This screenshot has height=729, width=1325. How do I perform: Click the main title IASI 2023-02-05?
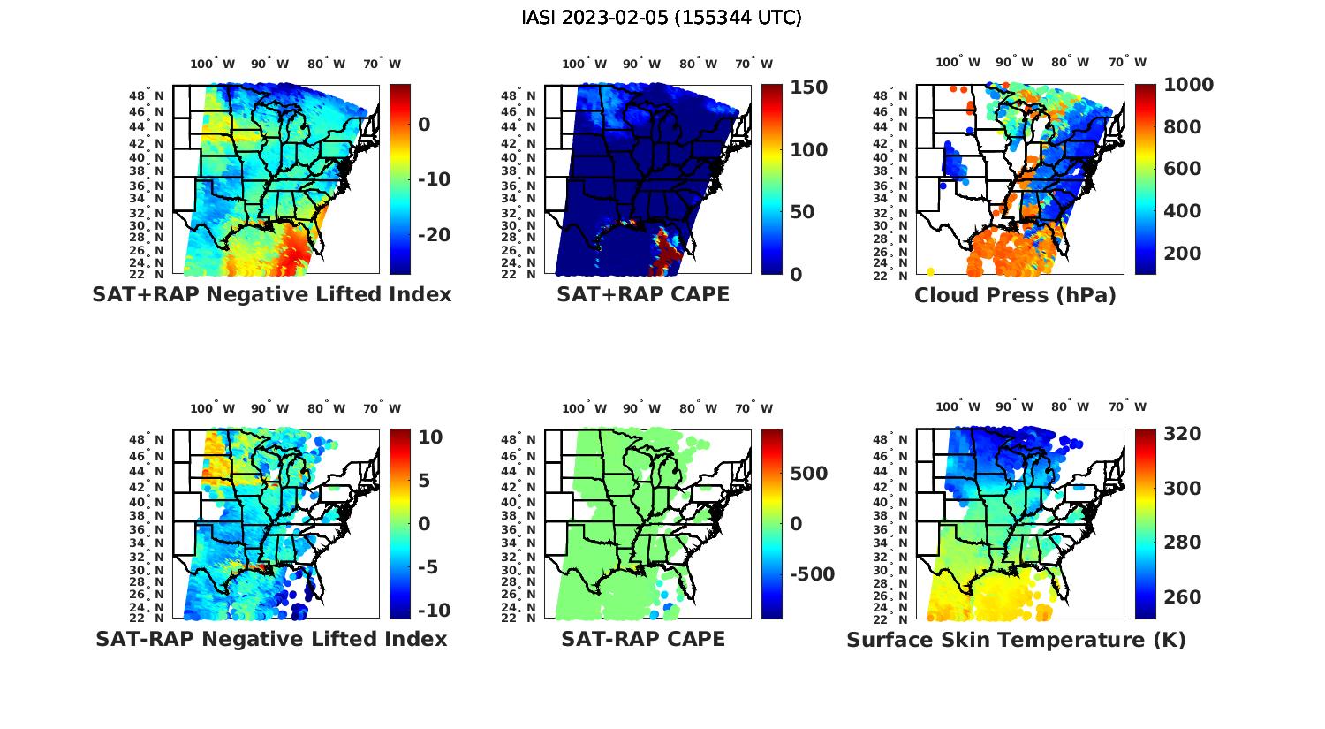[x=662, y=18]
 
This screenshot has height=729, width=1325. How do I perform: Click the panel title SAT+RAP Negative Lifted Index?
[x=272, y=294]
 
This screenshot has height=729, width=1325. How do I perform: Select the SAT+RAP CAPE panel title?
[x=643, y=294]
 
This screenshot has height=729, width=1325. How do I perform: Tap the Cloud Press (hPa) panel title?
[x=1015, y=295]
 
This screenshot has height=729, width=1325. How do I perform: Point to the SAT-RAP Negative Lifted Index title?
[x=271, y=639]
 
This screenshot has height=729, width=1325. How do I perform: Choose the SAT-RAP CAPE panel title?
[x=643, y=639]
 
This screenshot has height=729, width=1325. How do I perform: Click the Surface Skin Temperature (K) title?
[x=1016, y=640]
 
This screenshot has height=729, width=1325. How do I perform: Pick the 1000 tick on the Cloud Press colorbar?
[x=1188, y=85]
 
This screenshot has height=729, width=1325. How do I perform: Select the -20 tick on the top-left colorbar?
[x=434, y=234]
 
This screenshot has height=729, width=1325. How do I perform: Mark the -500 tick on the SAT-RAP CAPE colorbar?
[x=812, y=574]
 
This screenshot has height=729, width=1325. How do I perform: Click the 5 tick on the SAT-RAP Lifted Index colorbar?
[x=424, y=481]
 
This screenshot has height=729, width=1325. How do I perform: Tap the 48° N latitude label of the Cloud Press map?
[x=902, y=95]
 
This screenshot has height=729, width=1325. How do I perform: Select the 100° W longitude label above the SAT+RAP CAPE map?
[x=584, y=64]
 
